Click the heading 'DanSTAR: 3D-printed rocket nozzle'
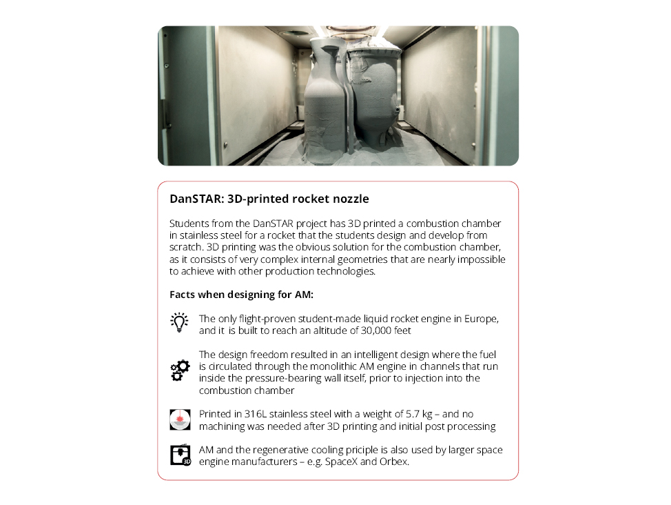[269, 199]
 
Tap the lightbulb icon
[179, 323]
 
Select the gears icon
[180, 371]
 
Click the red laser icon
[180, 419]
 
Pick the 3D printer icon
[180, 455]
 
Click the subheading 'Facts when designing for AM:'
[241, 295]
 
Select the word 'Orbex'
[393, 462]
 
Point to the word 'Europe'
[479, 318]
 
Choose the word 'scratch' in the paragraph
[185, 247]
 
